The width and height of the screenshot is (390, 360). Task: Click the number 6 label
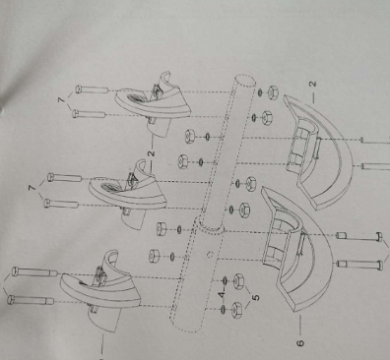[x=300, y=343]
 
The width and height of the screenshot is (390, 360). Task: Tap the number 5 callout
[x=256, y=298]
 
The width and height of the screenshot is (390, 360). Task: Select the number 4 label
[x=223, y=294]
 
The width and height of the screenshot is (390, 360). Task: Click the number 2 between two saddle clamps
[x=151, y=153]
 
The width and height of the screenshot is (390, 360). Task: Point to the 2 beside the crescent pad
[x=313, y=84]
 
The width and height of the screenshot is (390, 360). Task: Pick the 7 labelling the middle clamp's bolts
[x=32, y=188]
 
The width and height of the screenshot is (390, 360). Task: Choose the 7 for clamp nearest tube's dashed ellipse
[x=61, y=99]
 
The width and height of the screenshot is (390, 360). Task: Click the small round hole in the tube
[x=211, y=255]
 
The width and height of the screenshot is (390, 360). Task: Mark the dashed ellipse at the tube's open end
[x=245, y=81]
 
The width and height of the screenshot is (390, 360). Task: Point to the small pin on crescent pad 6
[x=301, y=243]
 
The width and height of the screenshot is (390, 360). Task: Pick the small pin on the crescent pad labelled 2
[x=317, y=149]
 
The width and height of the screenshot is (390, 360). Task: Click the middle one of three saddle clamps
[x=127, y=194]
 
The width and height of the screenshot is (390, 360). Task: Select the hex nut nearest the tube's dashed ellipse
[x=273, y=92]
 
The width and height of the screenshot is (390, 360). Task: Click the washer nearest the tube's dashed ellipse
[x=260, y=92]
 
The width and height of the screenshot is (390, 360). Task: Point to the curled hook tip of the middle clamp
[x=142, y=164]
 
